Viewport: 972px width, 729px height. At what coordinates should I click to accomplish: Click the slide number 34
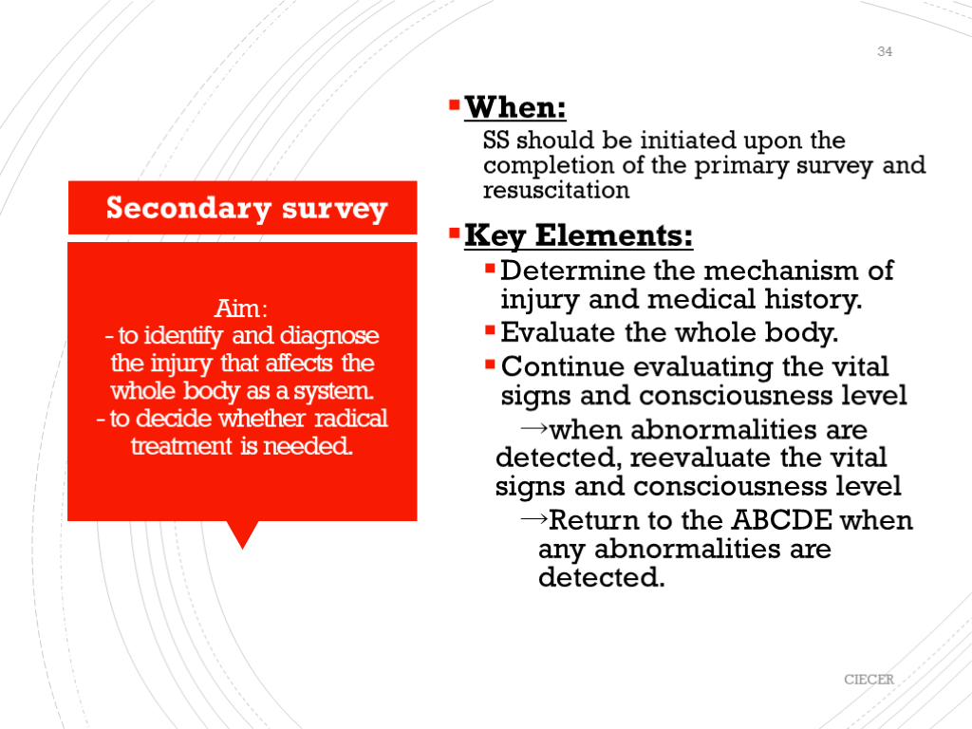coord(885,52)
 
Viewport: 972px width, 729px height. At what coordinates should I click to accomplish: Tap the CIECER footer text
coord(869,680)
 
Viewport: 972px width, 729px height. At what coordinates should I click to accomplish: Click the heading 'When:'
coord(515,108)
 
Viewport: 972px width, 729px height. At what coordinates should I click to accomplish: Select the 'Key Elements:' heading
coord(578,234)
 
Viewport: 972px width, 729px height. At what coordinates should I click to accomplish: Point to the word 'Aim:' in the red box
coord(242,308)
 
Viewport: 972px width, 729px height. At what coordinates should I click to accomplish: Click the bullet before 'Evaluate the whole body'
coord(490,331)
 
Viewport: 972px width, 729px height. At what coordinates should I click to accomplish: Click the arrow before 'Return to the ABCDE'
coord(534,519)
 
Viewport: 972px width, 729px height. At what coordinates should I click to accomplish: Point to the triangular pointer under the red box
coord(244,533)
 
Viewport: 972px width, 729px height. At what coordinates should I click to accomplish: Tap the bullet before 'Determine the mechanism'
coord(490,269)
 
